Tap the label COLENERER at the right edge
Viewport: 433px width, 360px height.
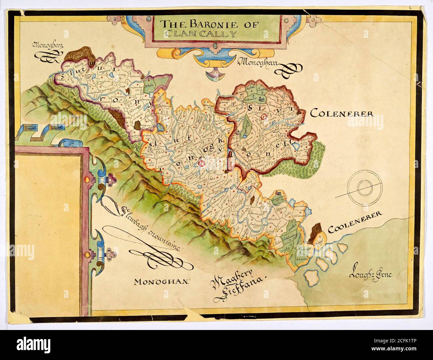pyautogui.click(x=342, y=114)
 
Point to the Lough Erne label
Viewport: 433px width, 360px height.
pyautogui.click(x=371, y=275)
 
